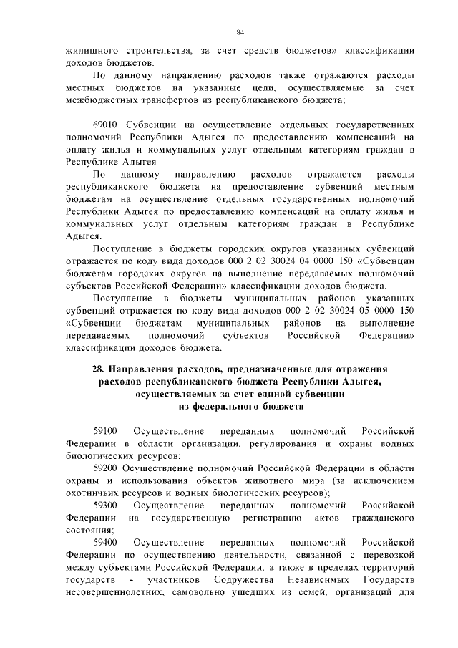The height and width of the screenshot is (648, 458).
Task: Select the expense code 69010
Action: coord(105,125)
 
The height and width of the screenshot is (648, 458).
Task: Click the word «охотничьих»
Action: coord(91,493)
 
